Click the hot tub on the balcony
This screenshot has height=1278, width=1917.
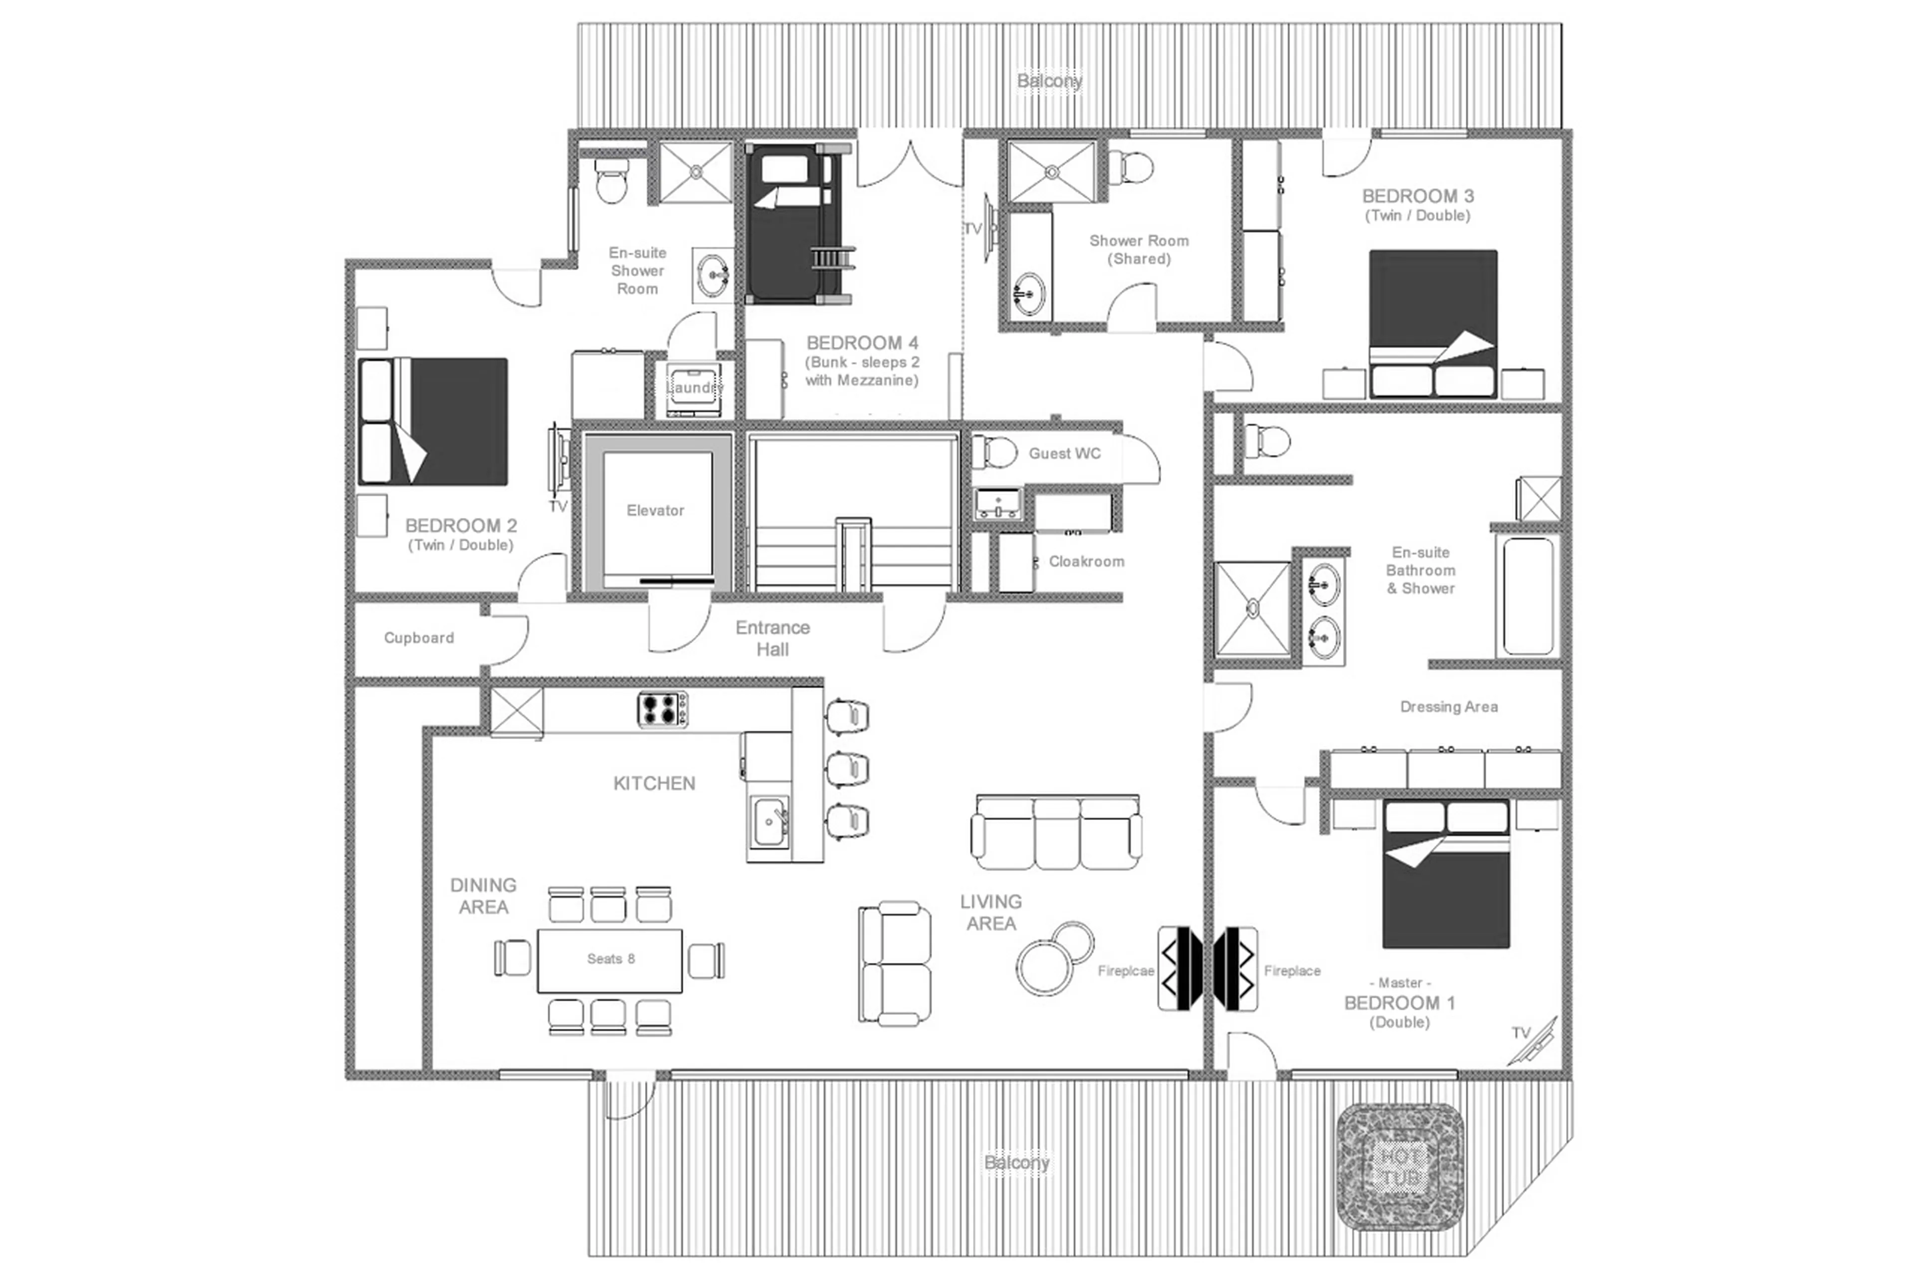pos(1400,1167)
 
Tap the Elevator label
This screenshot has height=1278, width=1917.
pos(655,511)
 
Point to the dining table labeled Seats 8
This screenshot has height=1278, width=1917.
pos(610,960)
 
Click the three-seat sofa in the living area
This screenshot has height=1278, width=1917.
pos(1056,833)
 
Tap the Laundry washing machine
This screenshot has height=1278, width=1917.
pos(693,388)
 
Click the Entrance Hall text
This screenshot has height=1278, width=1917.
pos(772,638)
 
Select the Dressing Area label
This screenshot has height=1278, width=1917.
pos(1449,707)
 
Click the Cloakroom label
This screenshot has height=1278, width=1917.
pos(1086,561)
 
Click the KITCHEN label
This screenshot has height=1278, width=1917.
pos(654,783)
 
